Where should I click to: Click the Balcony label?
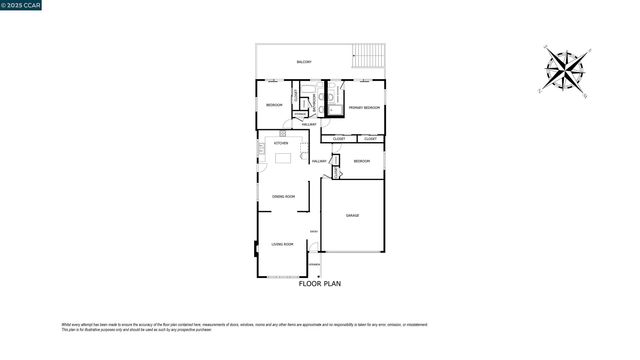click(x=304, y=62)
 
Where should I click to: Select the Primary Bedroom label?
click(x=364, y=107)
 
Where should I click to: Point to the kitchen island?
click(x=283, y=157)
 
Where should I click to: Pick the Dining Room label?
click(x=283, y=196)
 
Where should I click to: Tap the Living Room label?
click(x=282, y=244)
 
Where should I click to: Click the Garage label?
click(x=352, y=215)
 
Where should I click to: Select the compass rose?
click(x=567, y=69)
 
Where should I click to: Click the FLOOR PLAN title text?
click(x=320, y=284)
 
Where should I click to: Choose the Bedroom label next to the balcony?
click(x=274, y=105)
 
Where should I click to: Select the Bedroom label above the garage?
click(x=361, y=161)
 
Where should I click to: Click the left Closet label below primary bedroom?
click(x=339, y=139)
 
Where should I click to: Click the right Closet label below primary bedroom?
click(x=370, y=139)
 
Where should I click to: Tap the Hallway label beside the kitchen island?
click(x=319, y=161)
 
